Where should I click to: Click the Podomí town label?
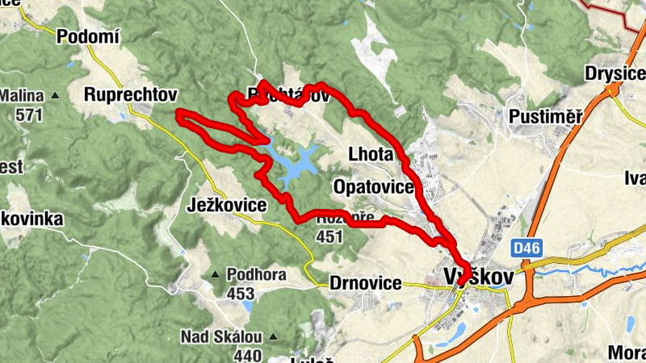coord(88,35)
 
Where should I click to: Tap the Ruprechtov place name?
coord(130,94)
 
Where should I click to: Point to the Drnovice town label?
coord(366,283)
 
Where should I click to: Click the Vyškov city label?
coord(479,277)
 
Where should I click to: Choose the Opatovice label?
coord(373,187)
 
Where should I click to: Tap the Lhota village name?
coord(371,154)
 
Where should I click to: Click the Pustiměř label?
coord(546,117)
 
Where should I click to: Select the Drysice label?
coord(616,76)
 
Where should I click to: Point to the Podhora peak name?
coord(256,275)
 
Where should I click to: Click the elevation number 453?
coord(240,294)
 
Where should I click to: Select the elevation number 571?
coord(28,114)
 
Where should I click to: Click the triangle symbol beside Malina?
coord(55,96)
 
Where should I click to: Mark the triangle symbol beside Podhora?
coord(216,276)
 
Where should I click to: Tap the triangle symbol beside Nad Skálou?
coord(273,336)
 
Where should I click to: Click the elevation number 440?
coord(247,354)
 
